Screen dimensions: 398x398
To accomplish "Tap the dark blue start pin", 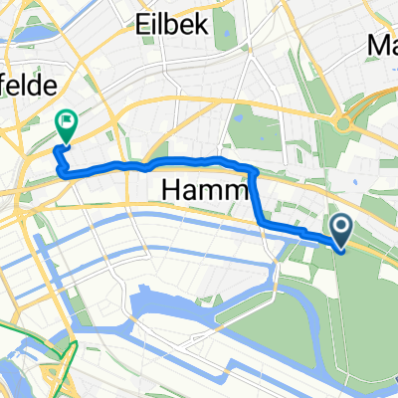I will [x=341, y=232].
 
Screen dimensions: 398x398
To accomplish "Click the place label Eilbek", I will [x=174, y=25].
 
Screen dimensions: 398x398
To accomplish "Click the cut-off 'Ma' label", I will [x=382, y=45].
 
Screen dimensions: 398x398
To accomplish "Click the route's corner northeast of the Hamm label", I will [x=254, y=170].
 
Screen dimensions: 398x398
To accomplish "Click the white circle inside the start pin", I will [x=341, y=229].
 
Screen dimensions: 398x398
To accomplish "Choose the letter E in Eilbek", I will [x=144, y=25].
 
